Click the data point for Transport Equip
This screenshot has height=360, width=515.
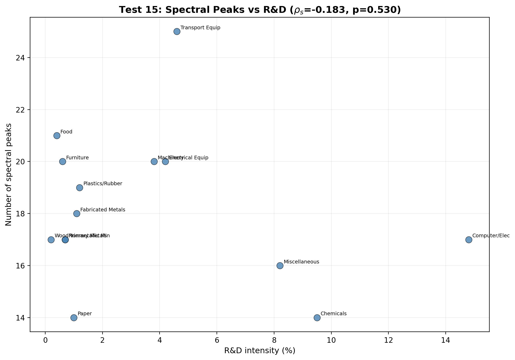click(x=177, y=32)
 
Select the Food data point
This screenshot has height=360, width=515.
click(x=57, y=136)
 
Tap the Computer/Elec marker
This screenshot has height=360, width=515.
click(x=469, y=240)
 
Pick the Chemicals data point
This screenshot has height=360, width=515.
click(x=317, y=318)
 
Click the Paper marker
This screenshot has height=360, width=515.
click(x=74, y=318)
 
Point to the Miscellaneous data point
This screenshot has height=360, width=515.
click(x=280, y=266)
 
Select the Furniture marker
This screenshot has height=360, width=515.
click(x=63, y=161)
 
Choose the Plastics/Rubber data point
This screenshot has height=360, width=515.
click(x=80, y=188)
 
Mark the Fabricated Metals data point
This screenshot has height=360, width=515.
click(x=77, y=213)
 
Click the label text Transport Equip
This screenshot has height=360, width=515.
click(x=200, y=28)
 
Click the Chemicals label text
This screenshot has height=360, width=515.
click(x=333, y=314)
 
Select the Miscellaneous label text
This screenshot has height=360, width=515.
click(x=301, y=262)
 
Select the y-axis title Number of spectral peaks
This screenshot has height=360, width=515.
click(x=9, y=174)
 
